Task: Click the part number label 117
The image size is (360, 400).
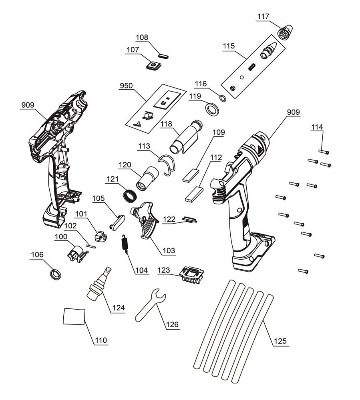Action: (x=263, y=16)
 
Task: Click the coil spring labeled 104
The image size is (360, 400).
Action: (x=125, y=244)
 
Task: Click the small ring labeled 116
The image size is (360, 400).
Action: (x=223, y=98)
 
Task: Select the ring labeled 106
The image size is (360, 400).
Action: (x=55, y=274)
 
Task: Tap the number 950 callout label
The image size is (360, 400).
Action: (x=126, y=85)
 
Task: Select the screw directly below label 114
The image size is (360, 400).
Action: (x=324, y=152)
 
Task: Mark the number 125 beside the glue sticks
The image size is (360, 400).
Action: (x=280, y=341)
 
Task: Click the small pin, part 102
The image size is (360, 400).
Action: (x=91, y=246)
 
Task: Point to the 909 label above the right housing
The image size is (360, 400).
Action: (x=294, y=112)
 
